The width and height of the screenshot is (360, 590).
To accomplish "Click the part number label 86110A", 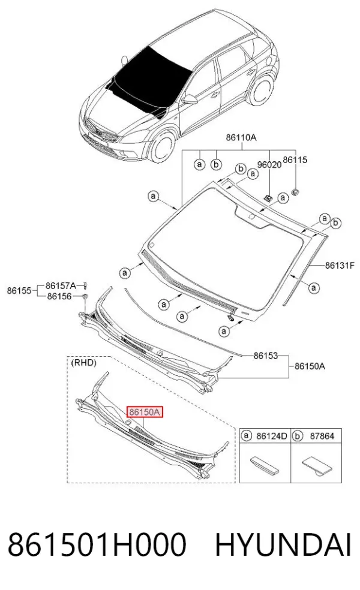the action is click(241, 137).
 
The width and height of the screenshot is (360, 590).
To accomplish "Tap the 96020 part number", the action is click(269, 164).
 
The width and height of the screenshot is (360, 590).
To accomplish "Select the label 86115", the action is click(295, 160).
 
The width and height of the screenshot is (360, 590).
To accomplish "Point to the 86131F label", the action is click(340, 265).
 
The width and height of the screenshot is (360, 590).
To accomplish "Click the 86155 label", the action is click(19, 290).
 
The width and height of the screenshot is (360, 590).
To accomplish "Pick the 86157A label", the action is click(61, 285).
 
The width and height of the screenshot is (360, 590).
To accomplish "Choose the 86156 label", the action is click(59, 296).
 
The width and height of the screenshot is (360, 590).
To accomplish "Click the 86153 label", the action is click(265, 355).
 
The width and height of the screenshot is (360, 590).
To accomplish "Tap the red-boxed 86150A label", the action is click(145, 413).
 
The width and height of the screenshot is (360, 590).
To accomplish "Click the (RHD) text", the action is click(83, 363).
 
